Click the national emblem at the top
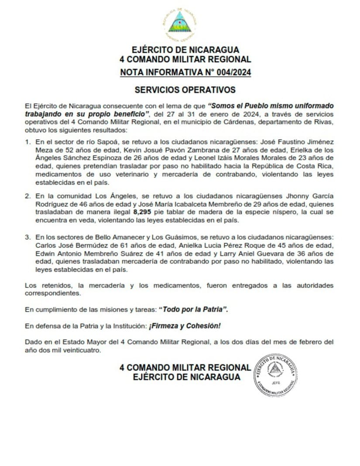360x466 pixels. tap(180, 23)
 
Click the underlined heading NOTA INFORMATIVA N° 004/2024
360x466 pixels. tap(185, 72)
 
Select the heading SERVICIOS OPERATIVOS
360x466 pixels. tap(185, 90)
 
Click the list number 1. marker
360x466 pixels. tap(27, 142)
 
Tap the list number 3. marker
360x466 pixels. tap(27, 237)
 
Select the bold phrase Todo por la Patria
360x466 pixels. tap(194, 309)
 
